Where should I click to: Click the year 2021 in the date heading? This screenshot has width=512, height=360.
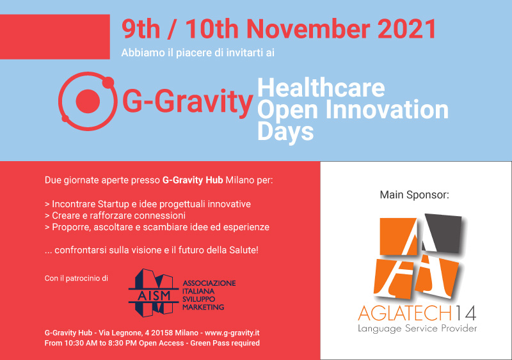(x=406, y=29)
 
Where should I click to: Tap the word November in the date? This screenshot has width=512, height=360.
(x=308, y=29)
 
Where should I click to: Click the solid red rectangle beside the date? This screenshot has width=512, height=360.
(x=55, y=36)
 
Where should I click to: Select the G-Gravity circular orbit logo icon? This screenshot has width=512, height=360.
(x=88, y=101)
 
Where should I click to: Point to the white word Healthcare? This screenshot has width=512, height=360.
(x=321, y=88)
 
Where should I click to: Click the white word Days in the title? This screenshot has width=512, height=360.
(x=285, y=132)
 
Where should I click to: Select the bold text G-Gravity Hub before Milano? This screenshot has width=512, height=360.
(x=193, y=180)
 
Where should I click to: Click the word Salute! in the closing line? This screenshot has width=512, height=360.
(x=244, y=250)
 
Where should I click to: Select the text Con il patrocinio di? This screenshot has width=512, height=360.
(x=76, y=278)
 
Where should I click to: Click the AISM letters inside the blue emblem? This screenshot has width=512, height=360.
(x=154, y=295)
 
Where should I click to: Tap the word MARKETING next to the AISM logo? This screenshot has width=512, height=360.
(x=203, y=307)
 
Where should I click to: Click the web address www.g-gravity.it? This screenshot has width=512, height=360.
(x=232, y=333)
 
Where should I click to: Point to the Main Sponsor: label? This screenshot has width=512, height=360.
(x=414, y=195)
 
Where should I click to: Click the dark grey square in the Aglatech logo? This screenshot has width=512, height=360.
(x=443, y=233)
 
